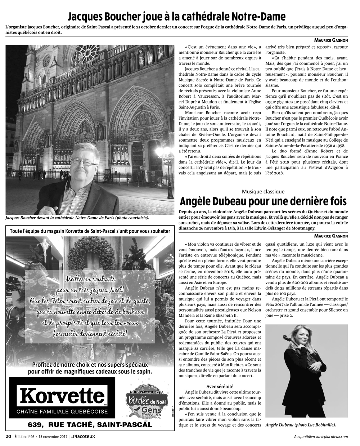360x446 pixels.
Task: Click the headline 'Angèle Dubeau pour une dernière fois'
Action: [x=263, y=201]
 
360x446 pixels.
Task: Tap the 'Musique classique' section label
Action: [x=263, y=192]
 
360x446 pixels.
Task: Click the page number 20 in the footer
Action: [x=8, y=436]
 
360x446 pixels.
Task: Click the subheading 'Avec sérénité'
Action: [x=220, y=386]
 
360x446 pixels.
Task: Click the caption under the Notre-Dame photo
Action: [x=77, y=218]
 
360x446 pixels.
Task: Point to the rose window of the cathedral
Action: [x=86, y=54]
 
